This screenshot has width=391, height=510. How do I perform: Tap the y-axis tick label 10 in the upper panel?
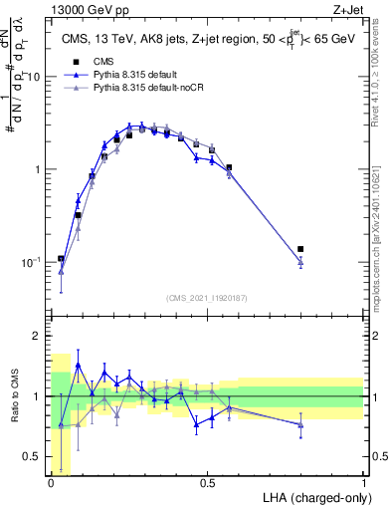(x=33, y=77)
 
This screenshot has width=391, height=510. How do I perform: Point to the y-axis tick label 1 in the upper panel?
(x=36, y=169)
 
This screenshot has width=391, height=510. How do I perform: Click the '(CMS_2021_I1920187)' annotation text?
(x=208, y=298)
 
